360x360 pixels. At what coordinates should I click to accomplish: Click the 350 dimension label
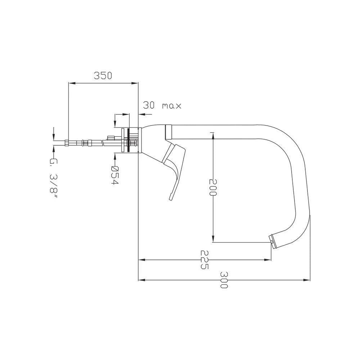103,76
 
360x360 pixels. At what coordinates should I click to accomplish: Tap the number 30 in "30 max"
150,105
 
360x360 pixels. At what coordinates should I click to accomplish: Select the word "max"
172,106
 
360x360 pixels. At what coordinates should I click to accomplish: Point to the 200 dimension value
213,187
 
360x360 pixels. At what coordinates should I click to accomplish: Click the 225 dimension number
204,260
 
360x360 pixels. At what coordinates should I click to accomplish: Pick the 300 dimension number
224,280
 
